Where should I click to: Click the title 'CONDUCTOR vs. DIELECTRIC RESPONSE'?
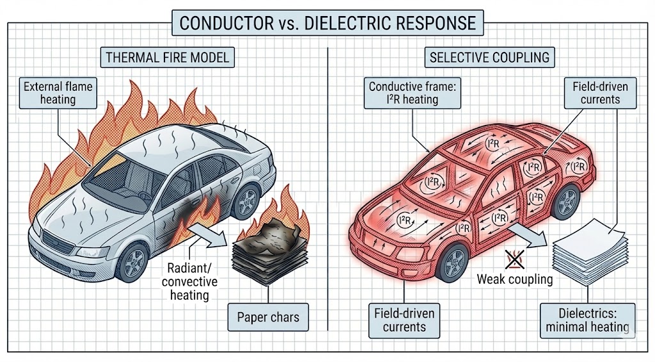coord(327,23)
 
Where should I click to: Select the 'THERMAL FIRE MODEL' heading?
coord(167,58)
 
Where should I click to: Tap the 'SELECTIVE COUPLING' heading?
coord(489,58)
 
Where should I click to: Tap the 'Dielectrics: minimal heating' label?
coord(587,320)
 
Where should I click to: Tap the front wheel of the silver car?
coord(134,262)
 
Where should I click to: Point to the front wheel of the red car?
coord(455,262)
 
